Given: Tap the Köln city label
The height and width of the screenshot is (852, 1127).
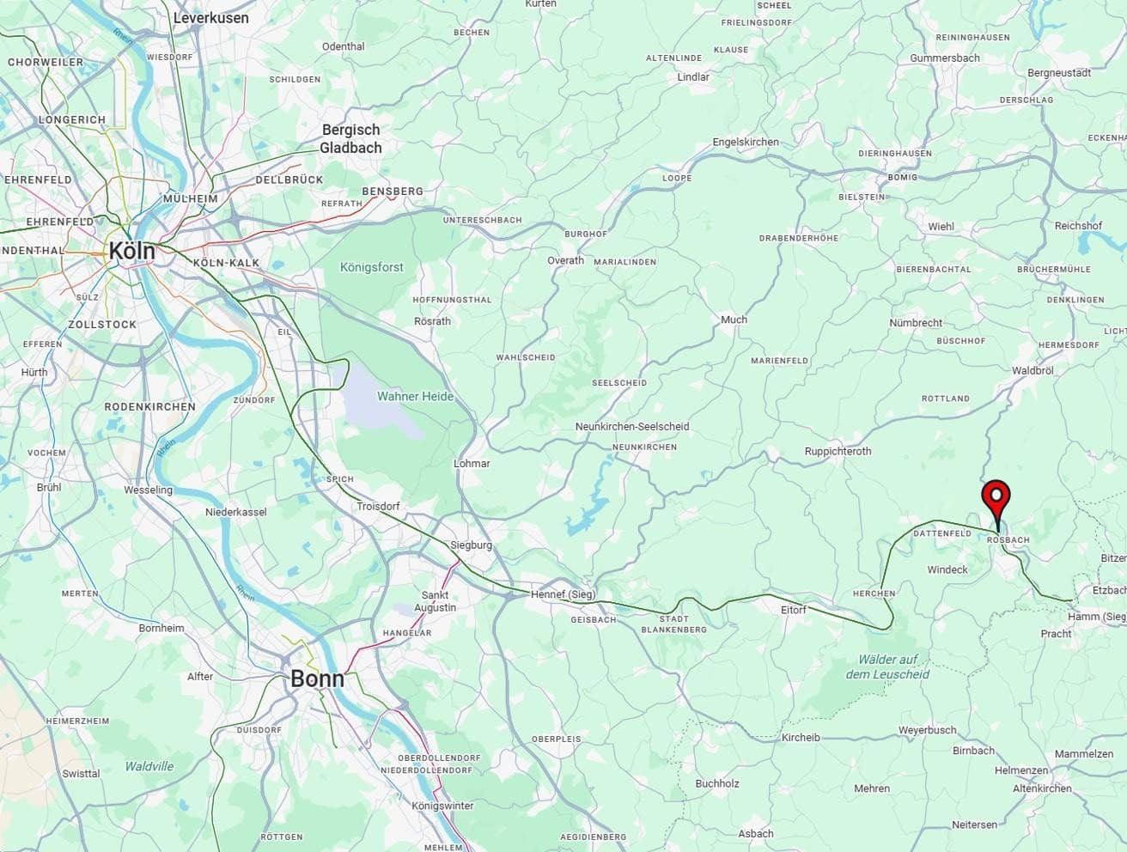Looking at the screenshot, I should (x=131, y=251).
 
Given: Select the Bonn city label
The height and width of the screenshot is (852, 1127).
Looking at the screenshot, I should (x=317, y=679).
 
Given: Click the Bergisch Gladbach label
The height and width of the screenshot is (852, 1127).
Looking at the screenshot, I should (x=350, y=138).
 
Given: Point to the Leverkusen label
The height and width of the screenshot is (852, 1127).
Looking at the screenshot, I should (x=210, y=17).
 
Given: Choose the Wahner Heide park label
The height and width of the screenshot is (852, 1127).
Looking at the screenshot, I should (x=415, y=396).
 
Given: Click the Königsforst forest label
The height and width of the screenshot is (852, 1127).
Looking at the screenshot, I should (x=371, y=267).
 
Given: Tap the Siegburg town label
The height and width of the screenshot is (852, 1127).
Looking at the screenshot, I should (x=471, y=545).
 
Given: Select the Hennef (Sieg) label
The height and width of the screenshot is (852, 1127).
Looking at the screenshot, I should (x=563, y=594).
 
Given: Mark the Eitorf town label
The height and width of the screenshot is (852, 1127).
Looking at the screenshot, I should (x=793, y=610).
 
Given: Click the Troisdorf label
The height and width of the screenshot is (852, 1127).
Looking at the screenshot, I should (x=378, y=507).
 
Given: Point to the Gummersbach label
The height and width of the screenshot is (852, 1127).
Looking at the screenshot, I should (x=945, y=58).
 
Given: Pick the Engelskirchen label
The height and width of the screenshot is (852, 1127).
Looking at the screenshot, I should (x=746, y=142).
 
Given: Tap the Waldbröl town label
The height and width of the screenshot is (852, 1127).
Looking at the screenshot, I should (x=1033, y=370).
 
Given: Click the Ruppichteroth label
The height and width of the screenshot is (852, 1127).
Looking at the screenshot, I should (x=838, y=451).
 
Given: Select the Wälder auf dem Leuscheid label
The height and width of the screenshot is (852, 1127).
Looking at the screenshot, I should (x=887, y=666).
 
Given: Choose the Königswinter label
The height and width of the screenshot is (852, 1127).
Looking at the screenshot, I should (x=442, y=806).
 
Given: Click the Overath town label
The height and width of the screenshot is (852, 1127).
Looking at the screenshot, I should (x=565, y=260).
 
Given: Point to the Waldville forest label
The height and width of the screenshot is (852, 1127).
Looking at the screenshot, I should (x=149, y=766).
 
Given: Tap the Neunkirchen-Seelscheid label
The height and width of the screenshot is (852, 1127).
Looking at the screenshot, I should (x=632, y=426).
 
